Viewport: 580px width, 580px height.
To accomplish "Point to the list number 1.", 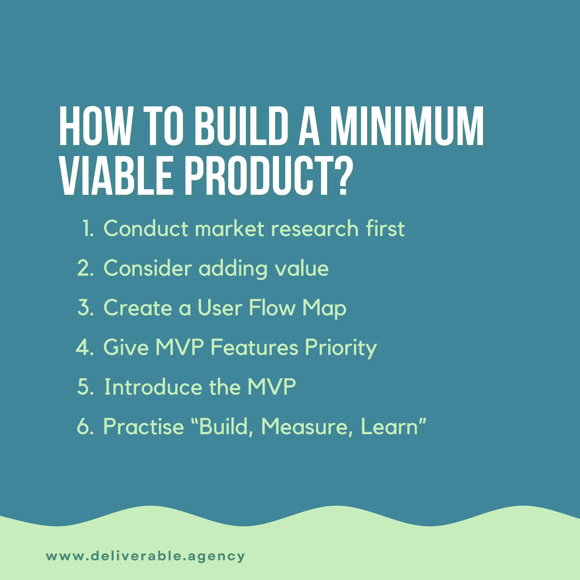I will (88, 229).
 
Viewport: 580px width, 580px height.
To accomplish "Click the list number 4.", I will (84, 348).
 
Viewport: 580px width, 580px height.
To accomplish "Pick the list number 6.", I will (85, 427).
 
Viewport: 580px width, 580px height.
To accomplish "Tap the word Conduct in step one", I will (146, 229).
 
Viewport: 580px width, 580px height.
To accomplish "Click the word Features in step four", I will (254, 348).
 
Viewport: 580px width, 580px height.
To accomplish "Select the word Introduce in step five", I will (153, 387).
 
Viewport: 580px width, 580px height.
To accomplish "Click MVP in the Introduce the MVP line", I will (271, 387).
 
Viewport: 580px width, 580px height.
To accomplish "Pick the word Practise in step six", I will (144, 427).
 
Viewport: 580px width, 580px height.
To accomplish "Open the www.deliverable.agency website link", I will (145, 556).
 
